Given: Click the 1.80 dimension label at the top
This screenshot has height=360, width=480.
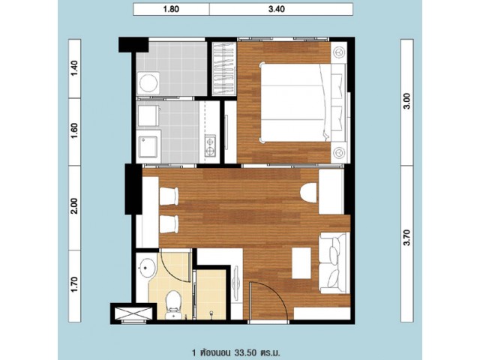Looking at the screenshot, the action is pos(171,9).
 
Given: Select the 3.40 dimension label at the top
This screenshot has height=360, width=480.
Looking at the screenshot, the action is pos(277,9).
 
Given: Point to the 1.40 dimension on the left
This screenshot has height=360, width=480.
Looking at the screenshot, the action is pos(75,68).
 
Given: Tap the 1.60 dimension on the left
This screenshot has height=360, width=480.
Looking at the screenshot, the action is pos(75,130).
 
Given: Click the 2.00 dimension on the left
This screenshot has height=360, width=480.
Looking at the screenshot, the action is pos(75,206).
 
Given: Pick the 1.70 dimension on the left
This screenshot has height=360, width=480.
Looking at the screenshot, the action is pos(75,285).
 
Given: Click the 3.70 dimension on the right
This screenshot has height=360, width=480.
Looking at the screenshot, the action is pos(406,238).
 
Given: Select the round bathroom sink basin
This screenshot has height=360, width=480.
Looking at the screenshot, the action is pos(148,268).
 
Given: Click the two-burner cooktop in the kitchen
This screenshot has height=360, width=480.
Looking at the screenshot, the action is pos(210,146).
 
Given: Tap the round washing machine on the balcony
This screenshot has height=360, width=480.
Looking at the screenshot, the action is pos(148,83).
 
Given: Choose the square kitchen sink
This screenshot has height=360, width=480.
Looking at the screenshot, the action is pos(148,147).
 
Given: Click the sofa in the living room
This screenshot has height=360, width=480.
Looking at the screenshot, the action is pos(334,263).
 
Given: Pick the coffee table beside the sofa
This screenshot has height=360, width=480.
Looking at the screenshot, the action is pos(301,263).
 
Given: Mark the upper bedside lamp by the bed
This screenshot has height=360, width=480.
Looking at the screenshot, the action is pos(338,52).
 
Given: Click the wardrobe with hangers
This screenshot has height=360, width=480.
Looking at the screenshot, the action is pos(224,69).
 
